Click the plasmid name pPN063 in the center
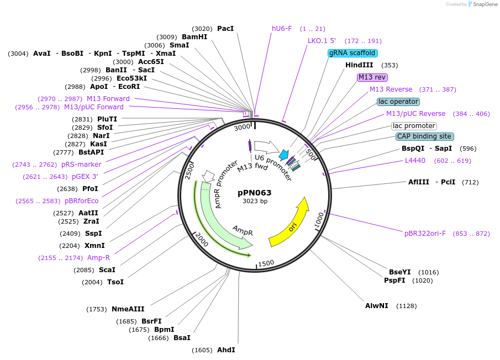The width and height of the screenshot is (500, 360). click(255, 193)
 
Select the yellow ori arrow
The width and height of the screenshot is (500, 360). click(290, 224)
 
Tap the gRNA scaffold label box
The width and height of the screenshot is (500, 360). click(352, 53)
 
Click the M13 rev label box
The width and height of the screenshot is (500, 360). click(372, 77)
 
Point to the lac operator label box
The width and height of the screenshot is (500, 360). click(398, 102)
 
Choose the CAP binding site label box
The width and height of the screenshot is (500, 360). click(424, 136)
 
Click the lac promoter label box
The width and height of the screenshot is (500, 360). click(414, 126)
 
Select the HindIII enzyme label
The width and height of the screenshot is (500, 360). click(359, 65)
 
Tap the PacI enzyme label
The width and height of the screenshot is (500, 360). click(225, 28)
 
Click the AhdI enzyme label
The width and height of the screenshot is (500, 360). click(226, 350)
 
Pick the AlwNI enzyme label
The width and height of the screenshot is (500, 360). click(377, 305)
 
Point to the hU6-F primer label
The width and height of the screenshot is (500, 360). click(282, 28)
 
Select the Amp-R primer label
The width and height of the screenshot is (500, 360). click(98, 257)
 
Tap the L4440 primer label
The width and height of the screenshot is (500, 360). click(415, 161)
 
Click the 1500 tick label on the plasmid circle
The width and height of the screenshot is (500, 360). click(266, 263)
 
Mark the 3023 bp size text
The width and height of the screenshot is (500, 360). click(255, 201)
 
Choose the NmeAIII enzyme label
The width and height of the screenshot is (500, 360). click(128, 309)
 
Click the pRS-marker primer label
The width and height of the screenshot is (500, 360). click(81, 164)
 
